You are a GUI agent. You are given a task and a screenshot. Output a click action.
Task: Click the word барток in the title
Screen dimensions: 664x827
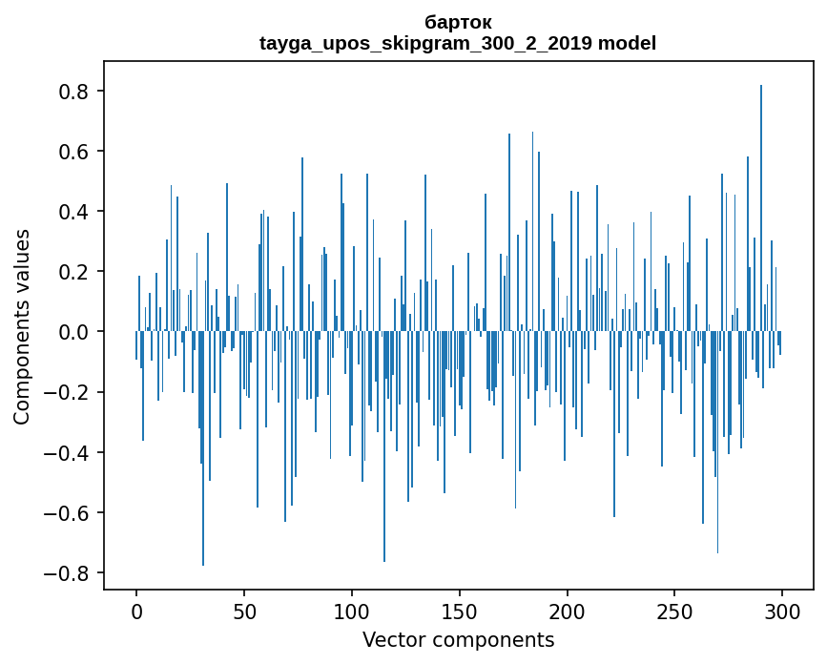458,22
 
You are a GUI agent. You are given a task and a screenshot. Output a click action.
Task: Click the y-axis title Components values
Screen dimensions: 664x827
22,326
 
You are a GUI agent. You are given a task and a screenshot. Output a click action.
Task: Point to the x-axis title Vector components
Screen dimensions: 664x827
458,639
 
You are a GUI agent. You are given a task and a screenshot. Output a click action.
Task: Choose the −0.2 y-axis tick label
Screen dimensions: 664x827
69,392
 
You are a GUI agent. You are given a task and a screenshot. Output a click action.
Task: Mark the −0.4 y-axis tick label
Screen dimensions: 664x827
69,452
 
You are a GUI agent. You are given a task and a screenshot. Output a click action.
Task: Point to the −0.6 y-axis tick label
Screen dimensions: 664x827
69,513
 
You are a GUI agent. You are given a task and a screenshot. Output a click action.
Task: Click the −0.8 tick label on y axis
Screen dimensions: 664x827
69,573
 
